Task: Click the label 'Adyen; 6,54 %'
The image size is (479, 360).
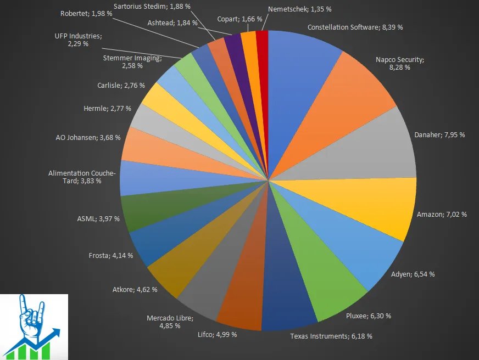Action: (x=413, y=274)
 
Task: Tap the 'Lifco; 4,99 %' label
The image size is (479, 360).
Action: (x=218, y=335)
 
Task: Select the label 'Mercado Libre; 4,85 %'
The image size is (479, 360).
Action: (x=170, y=322)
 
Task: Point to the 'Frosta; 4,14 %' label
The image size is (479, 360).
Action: (x=111, y=256)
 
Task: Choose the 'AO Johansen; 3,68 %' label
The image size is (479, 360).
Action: (x=87, y=137)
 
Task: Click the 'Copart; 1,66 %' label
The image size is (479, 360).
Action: (x=239, y=19)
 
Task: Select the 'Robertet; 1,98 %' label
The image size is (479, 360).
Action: (x=86, y=13)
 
